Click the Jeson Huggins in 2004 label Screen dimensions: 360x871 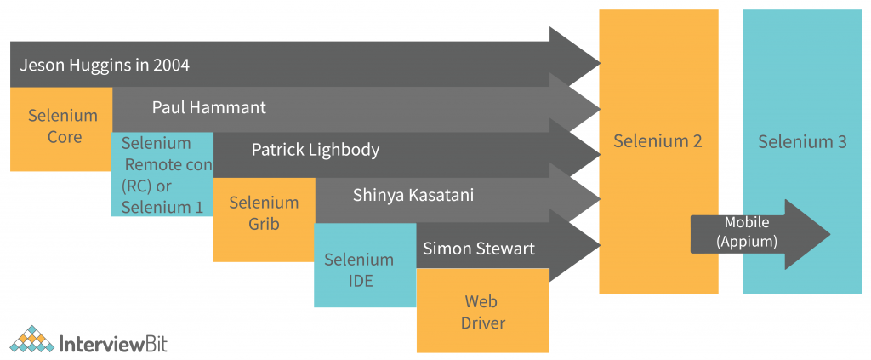[x=105, y=65]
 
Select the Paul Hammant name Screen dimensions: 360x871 [x=208, y=107]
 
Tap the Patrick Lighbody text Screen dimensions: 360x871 [x=315, y=150]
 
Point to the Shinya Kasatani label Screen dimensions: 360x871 [x=413, y=195]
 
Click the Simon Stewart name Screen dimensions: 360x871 [x=479, y=249]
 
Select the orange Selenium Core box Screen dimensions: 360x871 [x=63, y=126]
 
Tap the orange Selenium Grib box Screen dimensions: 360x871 [x=264, y=214]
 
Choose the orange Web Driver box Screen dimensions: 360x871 [x=481, y=311]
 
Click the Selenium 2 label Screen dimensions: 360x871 [x=658, y=141]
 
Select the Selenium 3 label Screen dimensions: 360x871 [x=802, y=141]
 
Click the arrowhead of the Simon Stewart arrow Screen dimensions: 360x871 [x=578, y=247]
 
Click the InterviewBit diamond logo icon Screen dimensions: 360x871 [x=33, y=340]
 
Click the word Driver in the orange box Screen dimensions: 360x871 [x=482, y=323]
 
